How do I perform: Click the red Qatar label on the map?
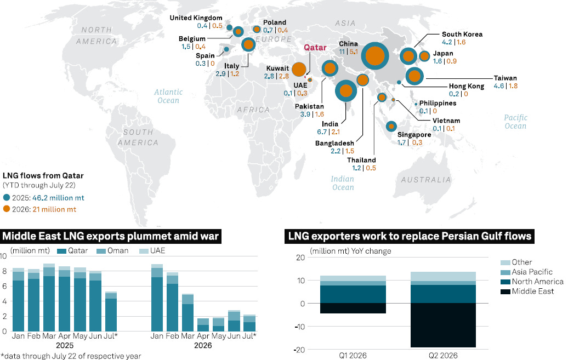pyautogui.click(x=315, y=48)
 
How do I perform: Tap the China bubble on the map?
pyautogui.click(x=375, y=56)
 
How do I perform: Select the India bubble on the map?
pyautogui.click(x=346, y=91)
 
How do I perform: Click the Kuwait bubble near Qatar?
pyautogui.click(x=299, y=69)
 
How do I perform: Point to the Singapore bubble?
pyautogui.click(x=391, y=127)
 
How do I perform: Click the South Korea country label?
pyautogui.click(x=462, y=34)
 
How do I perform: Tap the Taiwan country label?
pyautogui.click(x=505, y=78)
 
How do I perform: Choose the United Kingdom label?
pyautogui.click(x=196, y=18)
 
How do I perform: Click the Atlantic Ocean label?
pyautogui.click(x=168, y=96)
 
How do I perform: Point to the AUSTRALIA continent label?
pyautogui.click(x=426, y=180)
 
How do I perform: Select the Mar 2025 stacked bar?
pyautogui.click(x=49, y=298)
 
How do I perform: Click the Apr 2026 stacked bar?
pyautogui.click(x=203, y=325)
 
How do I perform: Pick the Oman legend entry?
pyautogui.click(x=112, y=250)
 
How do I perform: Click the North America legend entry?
pyautogui.click(x=532, y=282)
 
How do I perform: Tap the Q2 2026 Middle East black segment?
pyautogui.click(x=443, y=325)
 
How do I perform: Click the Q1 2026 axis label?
pyautogui.click(x=353, y=355)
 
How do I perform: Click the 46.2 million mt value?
pyautogui.click(x=58, y=198)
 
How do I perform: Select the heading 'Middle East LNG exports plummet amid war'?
pyautogui.click(x=111, y=237)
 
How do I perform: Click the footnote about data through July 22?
pyautogui.click(x=71, y=356)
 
